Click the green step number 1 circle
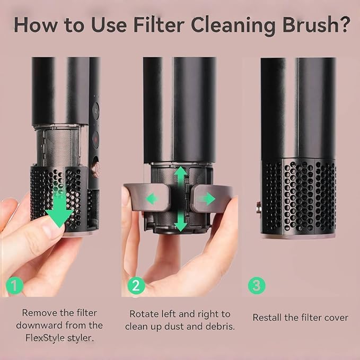[14, 286]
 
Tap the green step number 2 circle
[136, 286]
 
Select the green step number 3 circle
[257, 286]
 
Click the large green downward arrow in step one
[59, 210]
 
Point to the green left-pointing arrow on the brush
[152, 199]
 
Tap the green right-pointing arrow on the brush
[207, 199]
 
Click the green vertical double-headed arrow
[181, 199]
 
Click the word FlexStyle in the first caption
[45, 338]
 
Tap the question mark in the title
[345, 24]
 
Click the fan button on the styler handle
[95, 111]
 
